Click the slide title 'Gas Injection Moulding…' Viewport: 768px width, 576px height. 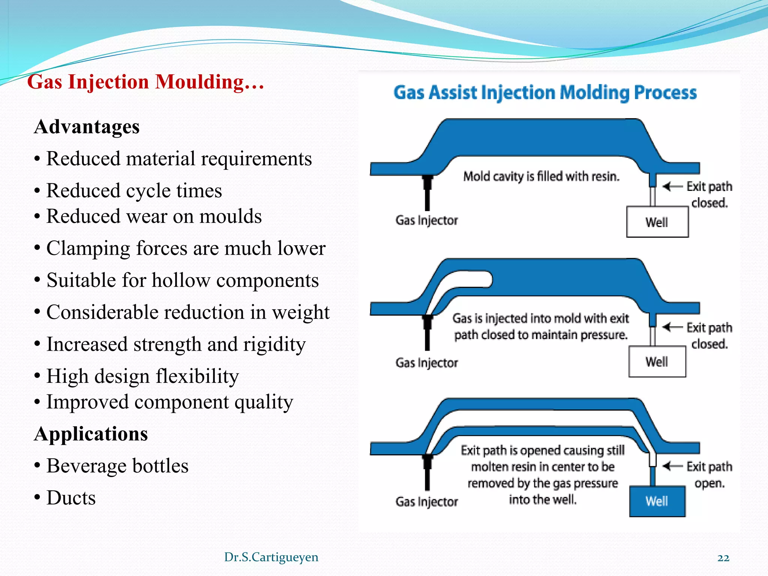tap(145, 82)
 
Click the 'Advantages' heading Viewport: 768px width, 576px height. tap(87, 127)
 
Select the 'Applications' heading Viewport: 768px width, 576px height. tap(91, 434)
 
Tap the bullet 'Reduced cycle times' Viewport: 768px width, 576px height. tap(134, 190)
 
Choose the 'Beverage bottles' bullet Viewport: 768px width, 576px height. tap(117, 466)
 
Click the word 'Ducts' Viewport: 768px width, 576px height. tap(71, 498)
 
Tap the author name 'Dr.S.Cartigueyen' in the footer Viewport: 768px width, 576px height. tap(271, 557)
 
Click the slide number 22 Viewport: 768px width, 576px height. tap(723, 558)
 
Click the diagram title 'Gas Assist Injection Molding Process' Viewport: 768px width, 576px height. tap(545, 93)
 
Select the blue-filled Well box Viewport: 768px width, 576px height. tap(657, 501)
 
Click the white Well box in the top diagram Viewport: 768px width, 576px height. tap(657, 222)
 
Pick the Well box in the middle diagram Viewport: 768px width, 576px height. tap(657, 362)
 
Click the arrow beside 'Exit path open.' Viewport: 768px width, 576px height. tap(672, 466)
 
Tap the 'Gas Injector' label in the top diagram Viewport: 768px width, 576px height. tap(426, 220)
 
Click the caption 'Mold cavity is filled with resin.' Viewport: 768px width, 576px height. tap(541, 176)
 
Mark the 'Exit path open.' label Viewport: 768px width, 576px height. tap(709, 475)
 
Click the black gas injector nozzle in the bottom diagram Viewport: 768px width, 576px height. tap(427, 471)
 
